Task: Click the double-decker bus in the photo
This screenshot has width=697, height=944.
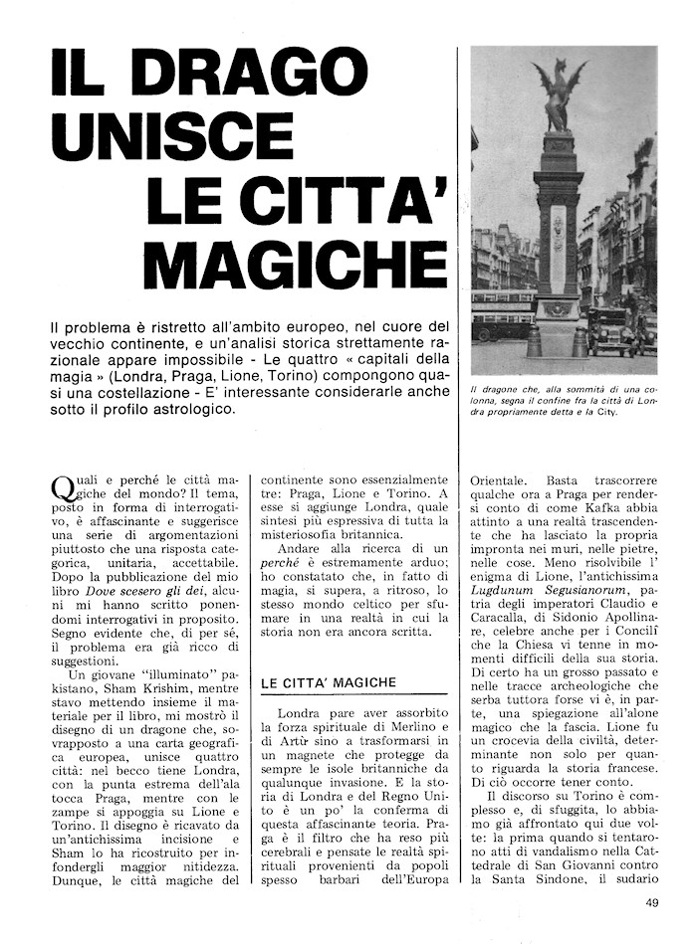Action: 504,315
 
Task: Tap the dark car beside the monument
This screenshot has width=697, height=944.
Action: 610,328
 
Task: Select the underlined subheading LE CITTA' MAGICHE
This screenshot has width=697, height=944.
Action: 329,682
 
